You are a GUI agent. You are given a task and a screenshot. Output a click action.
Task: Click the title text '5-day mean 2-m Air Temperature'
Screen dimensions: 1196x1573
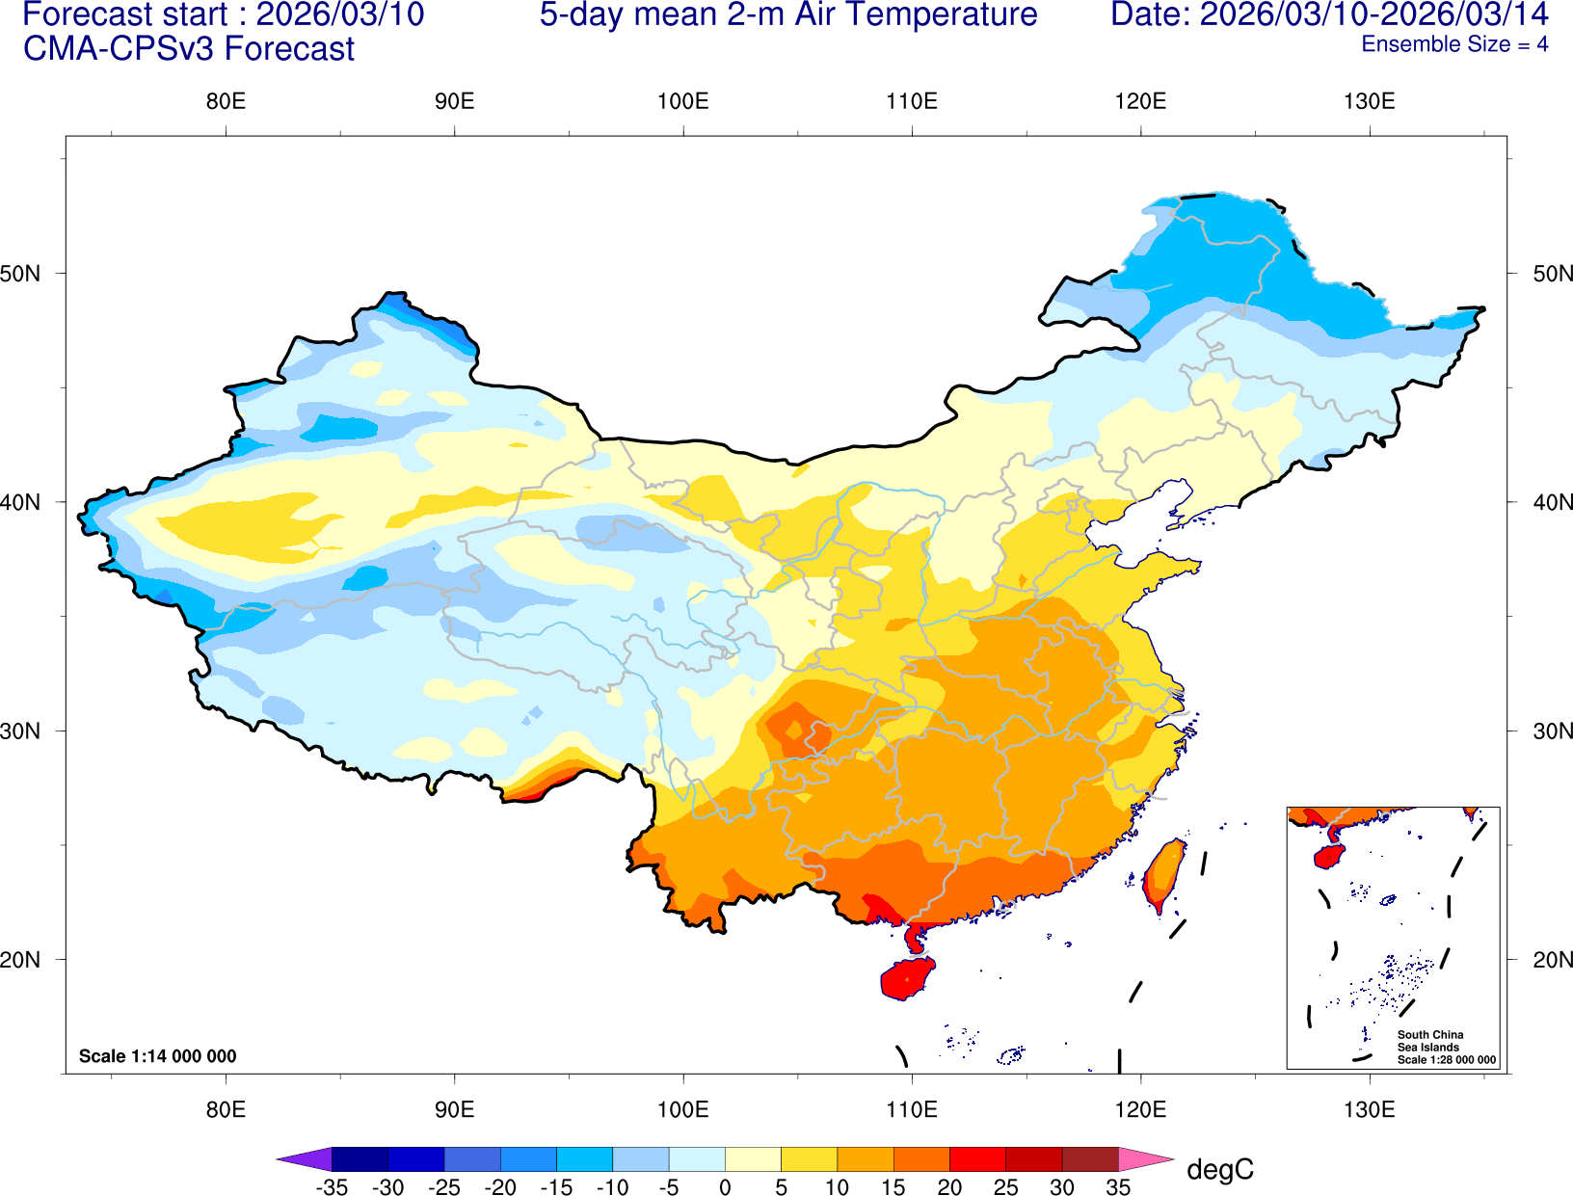(x=787, y=15)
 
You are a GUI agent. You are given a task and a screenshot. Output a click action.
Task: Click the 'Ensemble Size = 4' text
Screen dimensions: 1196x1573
(x=1453, y=44)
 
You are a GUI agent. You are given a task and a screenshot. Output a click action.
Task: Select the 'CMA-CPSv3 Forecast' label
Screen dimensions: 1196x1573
(x=189, y=49)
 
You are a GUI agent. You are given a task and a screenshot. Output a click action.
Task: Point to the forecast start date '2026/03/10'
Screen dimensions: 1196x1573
(x=339, y=15)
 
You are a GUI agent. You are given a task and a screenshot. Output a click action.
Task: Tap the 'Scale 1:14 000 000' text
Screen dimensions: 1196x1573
(x=157, y=1056)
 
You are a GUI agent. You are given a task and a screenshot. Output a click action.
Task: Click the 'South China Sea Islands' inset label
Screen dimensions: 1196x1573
(x=1429, y=1041)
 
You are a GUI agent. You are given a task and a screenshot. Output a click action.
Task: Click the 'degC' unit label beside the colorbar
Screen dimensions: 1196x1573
(x=1219, y=1170)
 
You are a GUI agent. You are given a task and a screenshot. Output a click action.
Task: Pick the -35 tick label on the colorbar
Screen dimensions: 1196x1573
(x=332, y=1187)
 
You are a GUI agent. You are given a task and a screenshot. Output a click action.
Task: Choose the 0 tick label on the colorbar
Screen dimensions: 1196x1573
(x=725, y=1187)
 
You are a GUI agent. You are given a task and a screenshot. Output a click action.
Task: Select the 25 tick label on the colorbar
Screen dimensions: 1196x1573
(x=1005, y=1187)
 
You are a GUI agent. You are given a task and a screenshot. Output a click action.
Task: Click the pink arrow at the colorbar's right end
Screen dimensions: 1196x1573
(x=1146, y=1158)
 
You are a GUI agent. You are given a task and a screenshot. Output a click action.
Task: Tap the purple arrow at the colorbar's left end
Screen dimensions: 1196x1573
(x=305, y=1158)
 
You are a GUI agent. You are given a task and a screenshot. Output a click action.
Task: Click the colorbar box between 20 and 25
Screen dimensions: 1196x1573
(x=977, y=1158)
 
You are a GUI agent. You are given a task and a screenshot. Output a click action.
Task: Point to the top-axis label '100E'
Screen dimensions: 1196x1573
(x=682, y=102)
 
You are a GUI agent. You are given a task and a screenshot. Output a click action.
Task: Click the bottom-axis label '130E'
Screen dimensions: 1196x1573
(x=1369, y=1109)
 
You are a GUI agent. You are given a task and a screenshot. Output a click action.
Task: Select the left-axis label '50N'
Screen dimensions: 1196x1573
(x=21, y=274)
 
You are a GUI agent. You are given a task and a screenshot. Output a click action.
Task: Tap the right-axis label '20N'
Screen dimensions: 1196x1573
(x=1552, y=960)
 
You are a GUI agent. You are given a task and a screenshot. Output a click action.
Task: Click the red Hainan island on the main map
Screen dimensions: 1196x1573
(x=907, y=979)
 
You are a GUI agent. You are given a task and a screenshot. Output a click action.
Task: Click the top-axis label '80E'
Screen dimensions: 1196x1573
(x=226, y=102)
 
